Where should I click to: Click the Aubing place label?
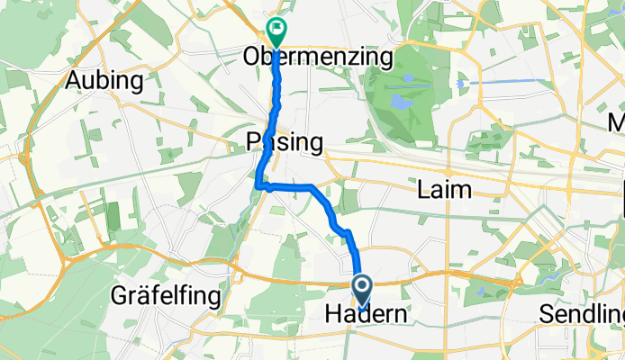[104, 81]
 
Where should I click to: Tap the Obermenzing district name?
[319, 58]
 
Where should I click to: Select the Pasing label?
[284, 142]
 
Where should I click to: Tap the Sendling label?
[580, 315]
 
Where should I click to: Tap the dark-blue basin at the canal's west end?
[461, 84]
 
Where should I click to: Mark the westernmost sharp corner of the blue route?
[258, 185]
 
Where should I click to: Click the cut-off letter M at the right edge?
[617, 121]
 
